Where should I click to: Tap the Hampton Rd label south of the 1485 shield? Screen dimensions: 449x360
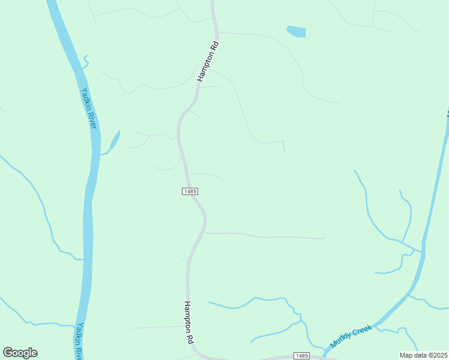click(x=189, y=322)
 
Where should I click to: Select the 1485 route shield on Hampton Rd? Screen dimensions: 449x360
click(x=190, y=191)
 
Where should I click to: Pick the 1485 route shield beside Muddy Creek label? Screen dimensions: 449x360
click(x=301, y=356)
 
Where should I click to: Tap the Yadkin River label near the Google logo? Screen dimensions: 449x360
click(x=79, y=341)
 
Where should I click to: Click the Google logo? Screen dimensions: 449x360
click(x=20, y=353)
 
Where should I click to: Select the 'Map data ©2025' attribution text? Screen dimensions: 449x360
click(x=424, y=355)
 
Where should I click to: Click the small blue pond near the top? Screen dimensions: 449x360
click(x=297, y=31)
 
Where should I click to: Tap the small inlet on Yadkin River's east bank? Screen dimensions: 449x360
click(x=113, y=142)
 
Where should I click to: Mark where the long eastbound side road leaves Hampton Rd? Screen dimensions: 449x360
click(x=205, y=233)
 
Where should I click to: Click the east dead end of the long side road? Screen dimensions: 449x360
click(x=325, y=238)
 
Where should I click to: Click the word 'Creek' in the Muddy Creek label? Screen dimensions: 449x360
click(x=362, y=332)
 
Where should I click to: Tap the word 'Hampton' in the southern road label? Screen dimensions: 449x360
click(x=188, y=316)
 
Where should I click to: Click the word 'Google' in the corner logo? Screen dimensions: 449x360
click(x=20, y=353)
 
